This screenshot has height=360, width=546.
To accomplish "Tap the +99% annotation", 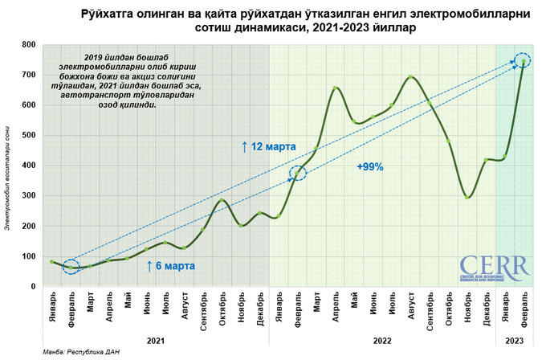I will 370,167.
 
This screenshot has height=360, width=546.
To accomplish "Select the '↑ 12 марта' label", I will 269,147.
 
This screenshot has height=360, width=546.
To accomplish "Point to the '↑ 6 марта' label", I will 170,265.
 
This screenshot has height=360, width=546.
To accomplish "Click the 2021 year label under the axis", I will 156,342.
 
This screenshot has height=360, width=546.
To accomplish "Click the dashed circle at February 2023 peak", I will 524,61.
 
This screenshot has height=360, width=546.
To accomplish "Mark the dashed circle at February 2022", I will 297,173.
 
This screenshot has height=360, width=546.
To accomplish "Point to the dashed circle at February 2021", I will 71,267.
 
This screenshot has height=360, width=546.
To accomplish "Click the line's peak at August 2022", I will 411,77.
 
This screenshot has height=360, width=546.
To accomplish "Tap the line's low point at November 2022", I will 468,198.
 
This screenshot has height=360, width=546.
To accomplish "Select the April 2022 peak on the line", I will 336,88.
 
